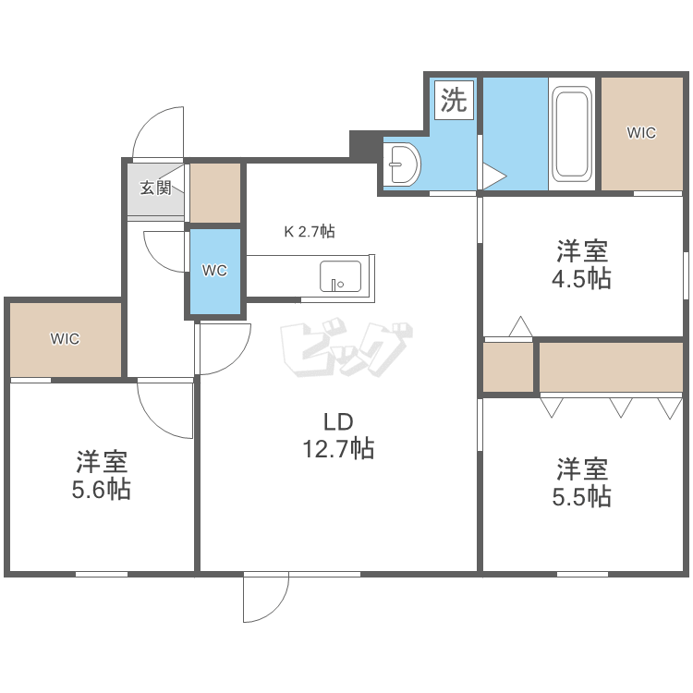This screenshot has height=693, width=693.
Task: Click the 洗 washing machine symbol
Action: coord(454,101)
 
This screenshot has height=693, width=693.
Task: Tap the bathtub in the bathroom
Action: coord(572,134)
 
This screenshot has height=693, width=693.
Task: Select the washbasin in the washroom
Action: coord(402,164)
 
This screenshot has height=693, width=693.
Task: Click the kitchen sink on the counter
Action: coord(340,276)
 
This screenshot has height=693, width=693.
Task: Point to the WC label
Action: coord(214,271)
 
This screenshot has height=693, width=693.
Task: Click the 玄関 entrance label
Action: coord(155,188)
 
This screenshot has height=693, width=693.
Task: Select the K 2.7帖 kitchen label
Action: coord(310,231)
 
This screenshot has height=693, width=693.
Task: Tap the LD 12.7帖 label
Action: coord(338,435)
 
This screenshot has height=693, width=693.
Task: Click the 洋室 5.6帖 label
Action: coord(102,475)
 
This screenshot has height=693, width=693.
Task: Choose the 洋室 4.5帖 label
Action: coord(581,264)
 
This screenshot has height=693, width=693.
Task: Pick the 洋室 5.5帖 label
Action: coord(581,482)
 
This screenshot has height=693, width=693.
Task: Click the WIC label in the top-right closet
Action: coord(642,132)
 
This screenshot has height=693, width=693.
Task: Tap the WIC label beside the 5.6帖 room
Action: coord(65,339)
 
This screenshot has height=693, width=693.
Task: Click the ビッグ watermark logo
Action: coord(346,349)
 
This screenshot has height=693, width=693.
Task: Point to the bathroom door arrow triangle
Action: coord(494,176)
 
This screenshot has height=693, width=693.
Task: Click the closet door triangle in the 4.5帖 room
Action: coord(520,326)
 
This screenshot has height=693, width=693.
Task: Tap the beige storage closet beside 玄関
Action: coord(215,193)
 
